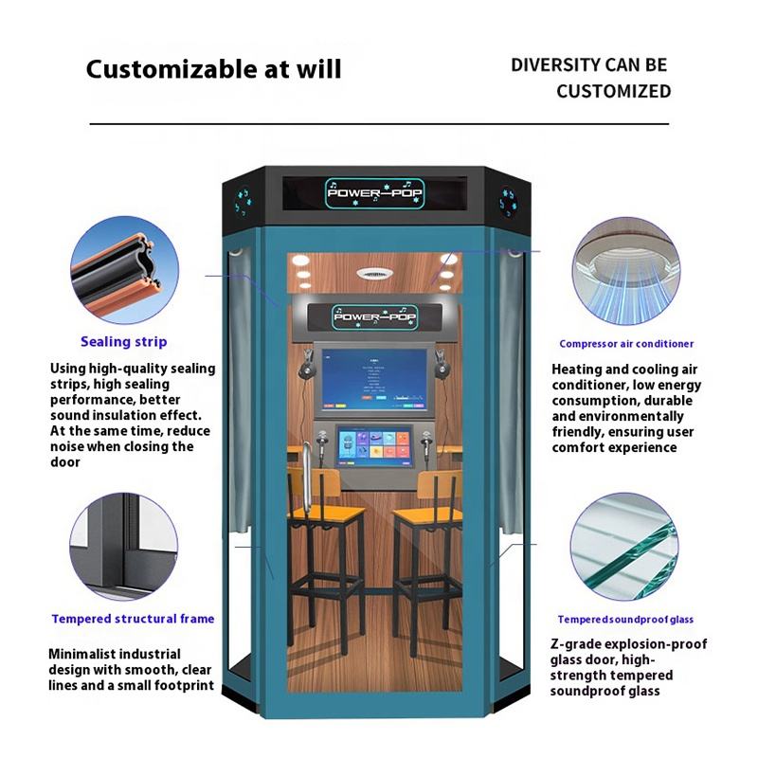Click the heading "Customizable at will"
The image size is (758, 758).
point(214,69)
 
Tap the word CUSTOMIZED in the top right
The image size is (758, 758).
point(613,92)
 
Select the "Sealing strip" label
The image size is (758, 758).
point(123,341)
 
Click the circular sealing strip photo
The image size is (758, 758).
point(124,267)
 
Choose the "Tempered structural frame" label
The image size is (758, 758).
point(133,619)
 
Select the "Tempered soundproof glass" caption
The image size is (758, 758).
point(625,619)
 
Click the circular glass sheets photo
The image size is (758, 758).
point(625,545)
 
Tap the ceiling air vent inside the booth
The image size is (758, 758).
point(373,273)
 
